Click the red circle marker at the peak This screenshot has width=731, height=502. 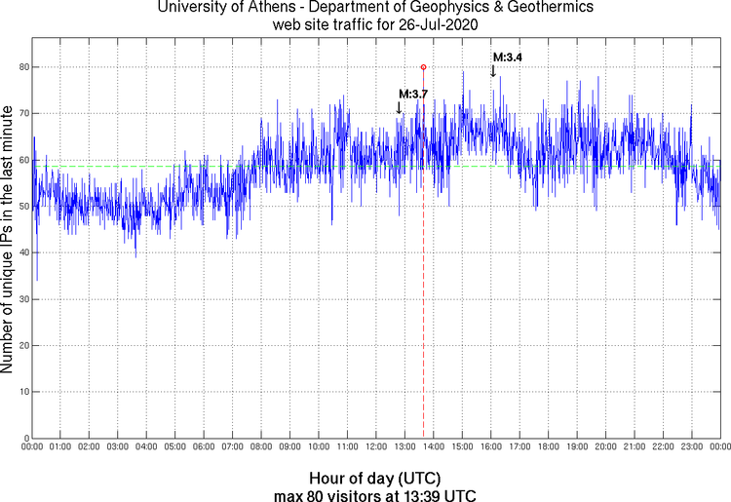423,66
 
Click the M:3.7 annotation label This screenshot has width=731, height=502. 413,94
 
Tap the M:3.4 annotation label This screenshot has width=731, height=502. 507,58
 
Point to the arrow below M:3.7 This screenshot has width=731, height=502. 400,107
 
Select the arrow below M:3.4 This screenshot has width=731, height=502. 493,70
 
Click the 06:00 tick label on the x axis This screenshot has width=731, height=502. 204,446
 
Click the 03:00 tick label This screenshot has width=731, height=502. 118,446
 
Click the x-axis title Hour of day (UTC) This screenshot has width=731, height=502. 375,479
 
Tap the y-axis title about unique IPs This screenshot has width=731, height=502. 9,241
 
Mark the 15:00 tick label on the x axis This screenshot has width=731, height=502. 462,446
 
